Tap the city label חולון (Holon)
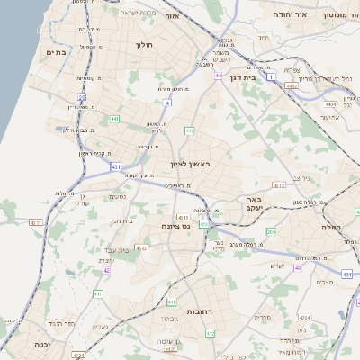pyautogui.click(x=145, y=44)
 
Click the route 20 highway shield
pyautogui.click(x=81, y=96)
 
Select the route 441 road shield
pyautogui.click(x=113, y=118)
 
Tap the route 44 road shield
pyautogui.click(x=218, y=76)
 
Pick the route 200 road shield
pyautogui.click(x=271, y=232)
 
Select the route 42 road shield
pyautogui.click(x=106, y=270)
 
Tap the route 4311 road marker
pyautogui.click(x=184, y=217)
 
